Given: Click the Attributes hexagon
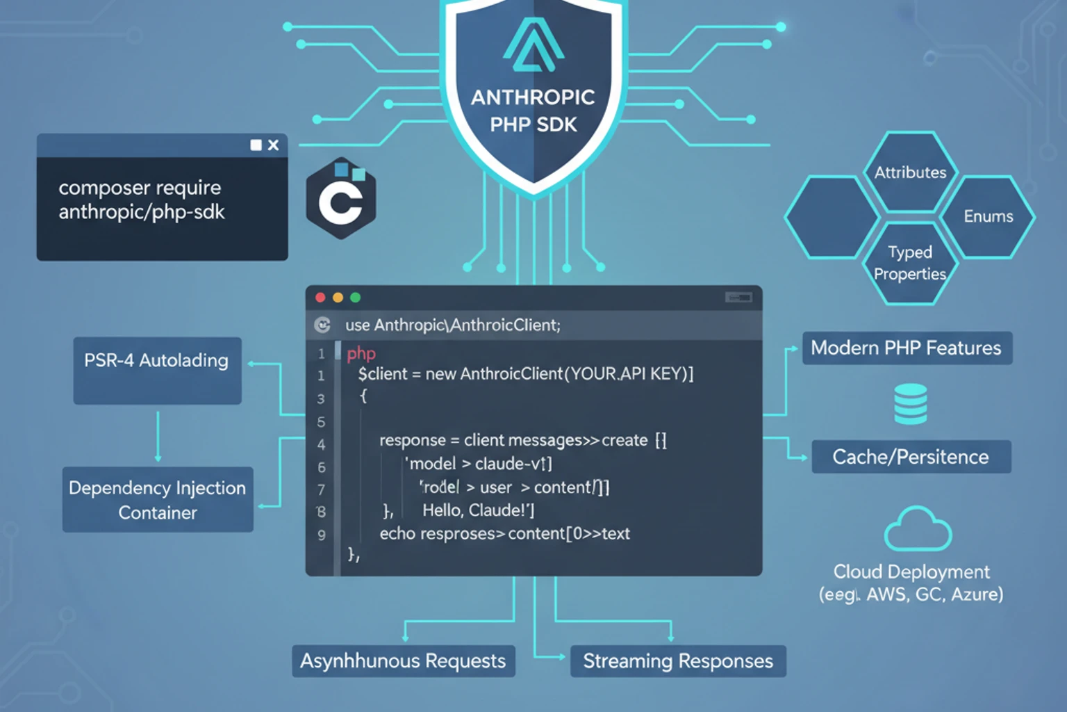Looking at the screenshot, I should pyautogui.click(x=910, y=172).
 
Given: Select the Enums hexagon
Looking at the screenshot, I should pyautogui.click(x=987, y=216).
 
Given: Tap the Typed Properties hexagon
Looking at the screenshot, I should pyautogui.click(x=910, y=262).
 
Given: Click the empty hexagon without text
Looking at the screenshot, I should pyautogui.click(x=832, y=217).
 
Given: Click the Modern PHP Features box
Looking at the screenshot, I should pyautogui.click(x=907, y=348).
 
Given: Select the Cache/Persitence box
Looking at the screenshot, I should pyautogui.click(x=911, y=457).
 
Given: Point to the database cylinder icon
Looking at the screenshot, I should pyautogui.click(x=910, y=403).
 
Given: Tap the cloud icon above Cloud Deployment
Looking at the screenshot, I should pyautogui.click(x=917, y=530).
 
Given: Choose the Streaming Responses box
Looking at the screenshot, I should pyautogui.click(x=677, y=661).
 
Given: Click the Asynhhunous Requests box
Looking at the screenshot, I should pyautogui.click(x=403, y=661).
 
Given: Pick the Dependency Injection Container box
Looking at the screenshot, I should pyautogui.click(x=158, y=499).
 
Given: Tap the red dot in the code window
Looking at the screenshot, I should pyautogui.click(x=320, y=298).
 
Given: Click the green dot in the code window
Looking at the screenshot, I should pyautogui.click(x=356, y=298).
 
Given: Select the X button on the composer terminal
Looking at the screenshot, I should pyautogui.click(x=273, y=145).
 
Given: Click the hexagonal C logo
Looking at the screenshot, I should pyautogui.click(x=341, y=200).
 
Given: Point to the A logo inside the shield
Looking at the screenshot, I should pyautogui.click(x=533, y=46).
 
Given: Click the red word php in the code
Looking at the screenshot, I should pyautogui.click(x=361, y=353).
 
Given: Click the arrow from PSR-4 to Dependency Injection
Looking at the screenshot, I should pyautogui.click(x=158, y=436).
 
